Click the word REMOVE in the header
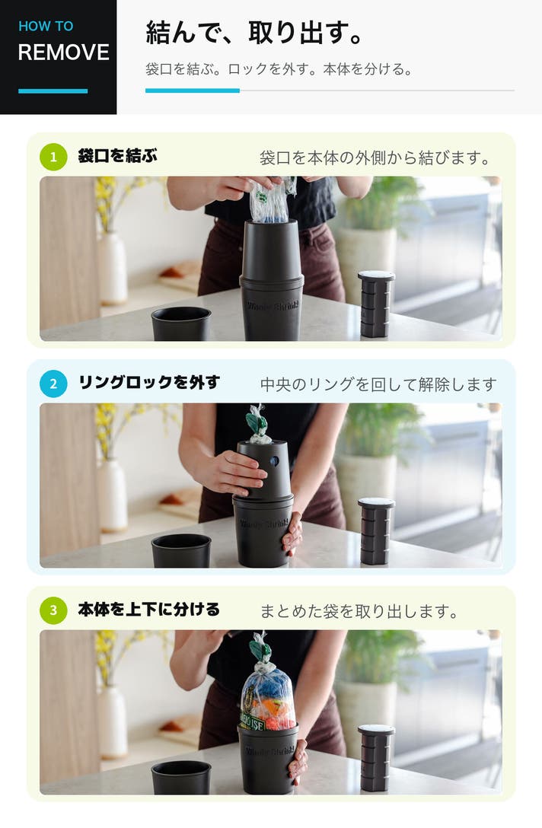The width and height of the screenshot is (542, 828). pyautogui.click(x=63, y=53)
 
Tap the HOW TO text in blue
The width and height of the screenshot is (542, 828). pyautogui.click(x=46, y=27)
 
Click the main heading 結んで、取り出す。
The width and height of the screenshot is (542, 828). pyautogui.click(x=254, y=33)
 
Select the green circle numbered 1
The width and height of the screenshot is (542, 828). pyautogui.click(x=53, y=157)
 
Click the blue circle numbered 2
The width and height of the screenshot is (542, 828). pyautogui.click(x=53, y=384)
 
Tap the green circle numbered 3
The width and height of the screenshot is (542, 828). pyautogui.click(x=53, y=610)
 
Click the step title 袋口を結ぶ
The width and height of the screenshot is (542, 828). pyautogui.click(x=117, y=156)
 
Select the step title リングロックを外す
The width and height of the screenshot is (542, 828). pyautogui.click(x=149, y=382)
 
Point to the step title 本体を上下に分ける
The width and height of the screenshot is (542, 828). pyautogui.click(x=149, y=610)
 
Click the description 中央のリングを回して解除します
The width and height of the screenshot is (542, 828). pyautogui.click(x=378, y=384)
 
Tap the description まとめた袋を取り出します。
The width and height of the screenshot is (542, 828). pyautogui.click(x=359, y=612)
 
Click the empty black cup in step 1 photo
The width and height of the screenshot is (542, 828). pyautogui.click(x=181, y=323)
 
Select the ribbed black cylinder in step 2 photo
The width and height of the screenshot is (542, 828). pyautogui.click(x=376, y=531)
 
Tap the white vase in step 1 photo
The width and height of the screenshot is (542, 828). pyautogui.click(x=113, y=269)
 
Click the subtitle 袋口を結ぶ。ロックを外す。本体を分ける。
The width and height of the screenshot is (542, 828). pyautogui.click(x=279, y=69)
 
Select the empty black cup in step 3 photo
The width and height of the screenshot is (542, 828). pyautogui.click(x=181, y=777)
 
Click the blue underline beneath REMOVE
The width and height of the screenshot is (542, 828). pyautogui.click(x=53, y=91)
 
